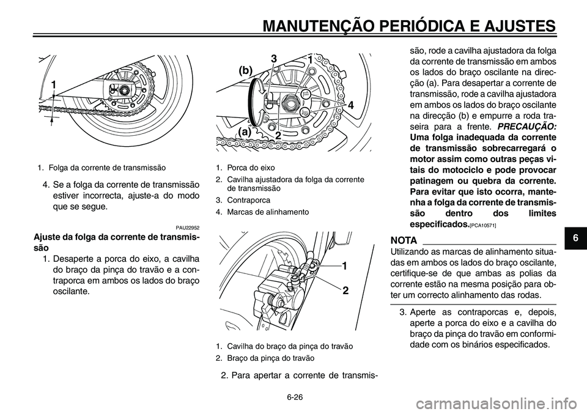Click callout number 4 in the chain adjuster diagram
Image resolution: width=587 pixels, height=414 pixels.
click(351, 105)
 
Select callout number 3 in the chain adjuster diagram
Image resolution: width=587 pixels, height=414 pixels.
click(275, 59)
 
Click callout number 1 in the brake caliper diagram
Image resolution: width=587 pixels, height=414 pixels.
click(344, 267)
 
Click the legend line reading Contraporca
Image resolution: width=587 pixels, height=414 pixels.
click(243, 200)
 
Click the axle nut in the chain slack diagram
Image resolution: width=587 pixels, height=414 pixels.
click(124, 91)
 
